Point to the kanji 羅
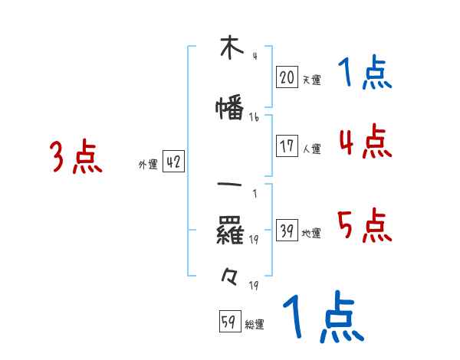pos(231,230)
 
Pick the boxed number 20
pos(287,77)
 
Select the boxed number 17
pos(287,146)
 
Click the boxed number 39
pos(287,231)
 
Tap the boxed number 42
pos(173,162)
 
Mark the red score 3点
pos(75,157)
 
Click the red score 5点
pos(364,225)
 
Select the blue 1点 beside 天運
pos(364,74)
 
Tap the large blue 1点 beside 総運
pos(322,316)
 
